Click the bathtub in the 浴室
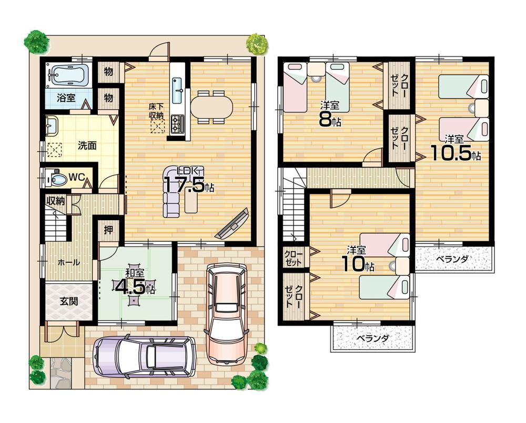pos(68,76)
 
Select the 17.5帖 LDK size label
pos(188,185)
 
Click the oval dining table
pos(211,107)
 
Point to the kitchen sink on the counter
pos(177,84)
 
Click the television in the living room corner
pos(233,224)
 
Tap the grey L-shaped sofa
pos(172,192)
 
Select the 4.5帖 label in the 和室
pos(135,286)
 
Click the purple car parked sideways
pos(144,356)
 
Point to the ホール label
pos(68,262)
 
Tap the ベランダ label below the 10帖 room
pos(371,338)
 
